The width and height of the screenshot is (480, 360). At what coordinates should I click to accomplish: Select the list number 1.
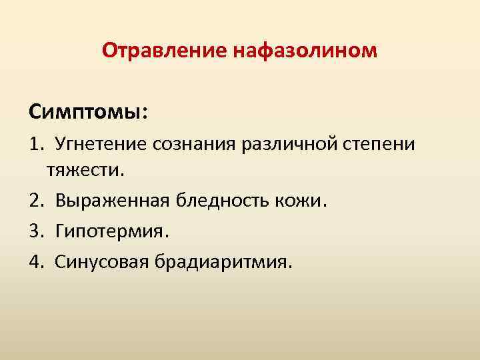35,143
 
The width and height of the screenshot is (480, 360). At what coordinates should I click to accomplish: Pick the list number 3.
35,231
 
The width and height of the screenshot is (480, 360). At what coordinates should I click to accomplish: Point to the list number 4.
35,261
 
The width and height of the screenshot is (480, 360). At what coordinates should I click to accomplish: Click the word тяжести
83,170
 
